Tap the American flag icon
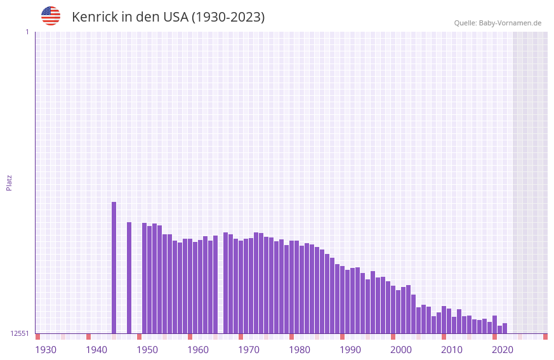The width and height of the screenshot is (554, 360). click(x=51, y=16)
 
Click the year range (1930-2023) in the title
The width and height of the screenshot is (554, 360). click(x=228, y=17)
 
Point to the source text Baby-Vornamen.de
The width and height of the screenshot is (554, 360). click(x=510, y=23)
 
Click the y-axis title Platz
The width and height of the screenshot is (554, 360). click(x=9, y=182)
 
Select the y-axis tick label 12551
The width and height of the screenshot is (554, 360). click(x=20, y=333)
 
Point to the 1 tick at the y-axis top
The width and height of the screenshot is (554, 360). click(x=27, y=32)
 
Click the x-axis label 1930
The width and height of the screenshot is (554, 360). click(x=46, y=350)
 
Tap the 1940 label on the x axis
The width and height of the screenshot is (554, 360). click(x=96, y=350)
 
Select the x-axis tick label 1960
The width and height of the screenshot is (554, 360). click(x=198, y=350)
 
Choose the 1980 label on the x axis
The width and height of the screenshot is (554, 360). click(x=300, y=350)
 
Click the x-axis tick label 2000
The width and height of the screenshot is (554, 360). click(x=401, y=350)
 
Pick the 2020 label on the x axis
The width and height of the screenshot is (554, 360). click(x=503, y=350)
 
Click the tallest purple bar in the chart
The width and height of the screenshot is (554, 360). click(x=114, y=267)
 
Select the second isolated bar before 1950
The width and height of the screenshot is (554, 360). click(x=129, y=277)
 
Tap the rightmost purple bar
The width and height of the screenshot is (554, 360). click(x=505, y=328)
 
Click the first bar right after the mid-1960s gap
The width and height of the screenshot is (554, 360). click(x=226, y=283)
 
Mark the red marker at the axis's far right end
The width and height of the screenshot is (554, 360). click(x=545, y=337)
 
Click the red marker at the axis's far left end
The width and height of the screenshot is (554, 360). click(x=37, y=337)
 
